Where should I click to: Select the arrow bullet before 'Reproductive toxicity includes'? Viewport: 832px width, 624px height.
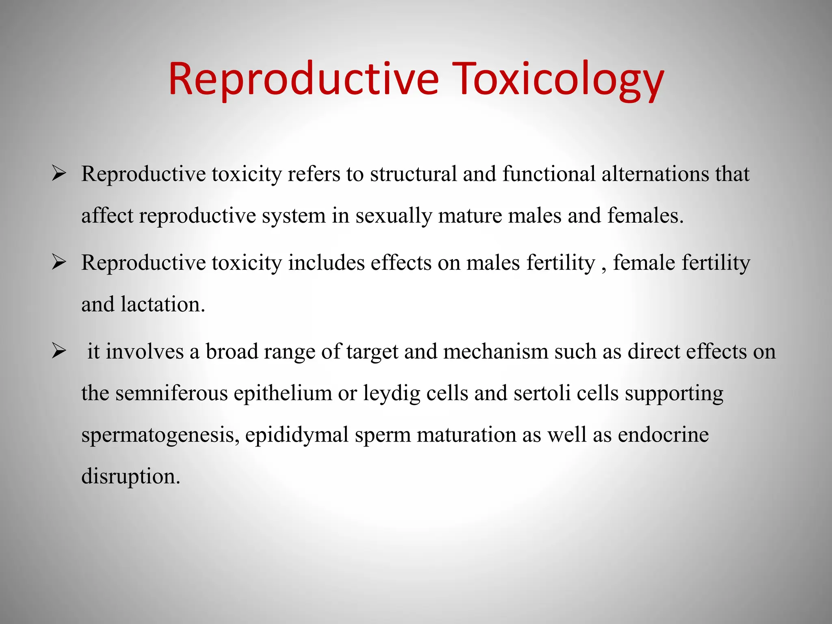coord(59,263)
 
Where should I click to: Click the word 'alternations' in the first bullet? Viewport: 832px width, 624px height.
coord(655,174)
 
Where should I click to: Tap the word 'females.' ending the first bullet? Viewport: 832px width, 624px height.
coord(646,215)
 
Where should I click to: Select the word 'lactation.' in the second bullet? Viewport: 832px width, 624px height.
coord(163,304)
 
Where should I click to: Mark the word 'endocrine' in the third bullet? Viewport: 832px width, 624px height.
coord(663,435)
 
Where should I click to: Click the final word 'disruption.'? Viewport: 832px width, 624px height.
coord(130,477)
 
